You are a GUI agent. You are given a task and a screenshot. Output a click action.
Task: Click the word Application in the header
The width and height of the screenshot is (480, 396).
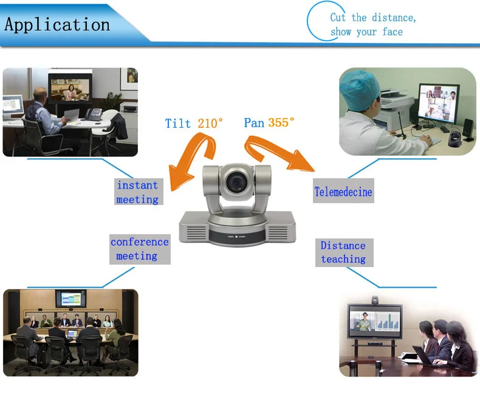point(58,25)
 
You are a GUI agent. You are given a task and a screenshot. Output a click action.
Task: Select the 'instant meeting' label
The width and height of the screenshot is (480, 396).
point(137,192)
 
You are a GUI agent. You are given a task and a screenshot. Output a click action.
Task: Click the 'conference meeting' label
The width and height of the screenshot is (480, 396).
point(139,249)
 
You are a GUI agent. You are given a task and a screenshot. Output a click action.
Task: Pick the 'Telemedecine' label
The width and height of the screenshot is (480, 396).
point(343,192)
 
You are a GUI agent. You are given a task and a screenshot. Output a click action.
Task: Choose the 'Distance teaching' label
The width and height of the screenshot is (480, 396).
point(343,252)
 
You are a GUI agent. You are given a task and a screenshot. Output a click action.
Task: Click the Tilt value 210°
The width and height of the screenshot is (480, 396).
point(210,123)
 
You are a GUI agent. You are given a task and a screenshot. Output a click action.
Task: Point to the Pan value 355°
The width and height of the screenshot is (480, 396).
point(281,122)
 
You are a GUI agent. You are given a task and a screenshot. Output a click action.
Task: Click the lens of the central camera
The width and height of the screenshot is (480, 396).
point(236,181)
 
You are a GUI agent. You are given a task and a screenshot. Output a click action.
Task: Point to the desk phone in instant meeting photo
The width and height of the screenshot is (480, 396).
point(93,114)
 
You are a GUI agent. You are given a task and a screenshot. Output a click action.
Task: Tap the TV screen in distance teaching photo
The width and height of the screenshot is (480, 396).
point(374,321)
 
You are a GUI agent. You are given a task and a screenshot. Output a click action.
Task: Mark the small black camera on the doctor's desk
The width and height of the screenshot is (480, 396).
point(453,139)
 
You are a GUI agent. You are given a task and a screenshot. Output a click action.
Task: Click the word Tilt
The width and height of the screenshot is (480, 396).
point(178,123)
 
